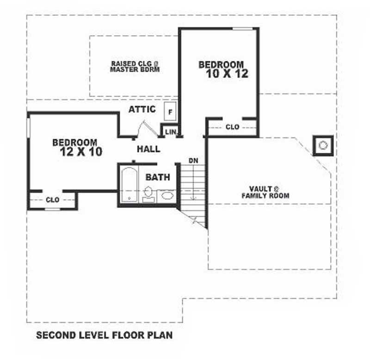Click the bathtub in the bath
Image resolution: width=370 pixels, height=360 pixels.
(x=129, y=185)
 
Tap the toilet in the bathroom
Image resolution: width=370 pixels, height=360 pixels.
(x=148, y=194)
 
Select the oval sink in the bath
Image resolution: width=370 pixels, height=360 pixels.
(x=167, y=195)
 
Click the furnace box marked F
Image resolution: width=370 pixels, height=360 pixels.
(x=170, y=111)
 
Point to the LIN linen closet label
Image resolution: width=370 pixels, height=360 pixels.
(x=171, y=132)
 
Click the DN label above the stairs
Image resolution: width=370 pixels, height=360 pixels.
(x=193, y=160)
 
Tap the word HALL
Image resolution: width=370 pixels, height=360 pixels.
(x=148, y=149)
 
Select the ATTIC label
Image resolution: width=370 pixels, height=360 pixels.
(x=142, y=109)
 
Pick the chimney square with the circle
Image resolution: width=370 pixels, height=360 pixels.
(x=323, y=146)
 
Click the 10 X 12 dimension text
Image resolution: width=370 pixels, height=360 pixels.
(x=227, y=73)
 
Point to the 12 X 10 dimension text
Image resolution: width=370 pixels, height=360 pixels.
(x=81, y=152)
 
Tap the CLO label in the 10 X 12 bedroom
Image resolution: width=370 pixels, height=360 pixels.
(x=233, y=127)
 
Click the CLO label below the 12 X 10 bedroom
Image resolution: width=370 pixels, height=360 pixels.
(x=53, y=200)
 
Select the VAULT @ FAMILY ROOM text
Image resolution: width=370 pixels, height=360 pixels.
(x=265, y=192)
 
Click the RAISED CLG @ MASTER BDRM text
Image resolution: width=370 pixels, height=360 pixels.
(x=135, y=67)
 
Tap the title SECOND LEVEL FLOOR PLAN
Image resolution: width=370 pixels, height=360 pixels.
(x=105, y=335)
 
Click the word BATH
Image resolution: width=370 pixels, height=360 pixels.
(x=158, y=177)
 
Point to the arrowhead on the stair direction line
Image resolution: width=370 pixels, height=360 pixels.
(x=194, y=198)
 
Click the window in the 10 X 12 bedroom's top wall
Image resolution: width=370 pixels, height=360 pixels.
(x=242, y=29)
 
